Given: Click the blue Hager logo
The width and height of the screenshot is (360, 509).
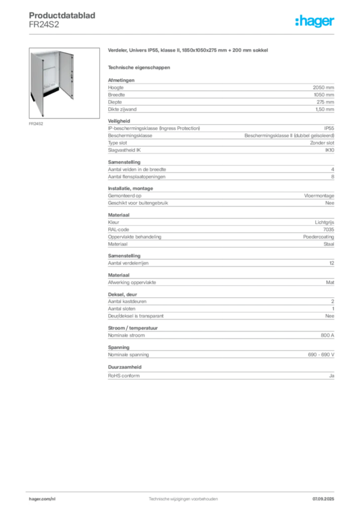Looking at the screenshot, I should [315, 22].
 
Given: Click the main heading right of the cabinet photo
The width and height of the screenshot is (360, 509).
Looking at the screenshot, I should [189, 52].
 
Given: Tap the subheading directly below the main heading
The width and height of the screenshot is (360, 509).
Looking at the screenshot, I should [139, 68].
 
